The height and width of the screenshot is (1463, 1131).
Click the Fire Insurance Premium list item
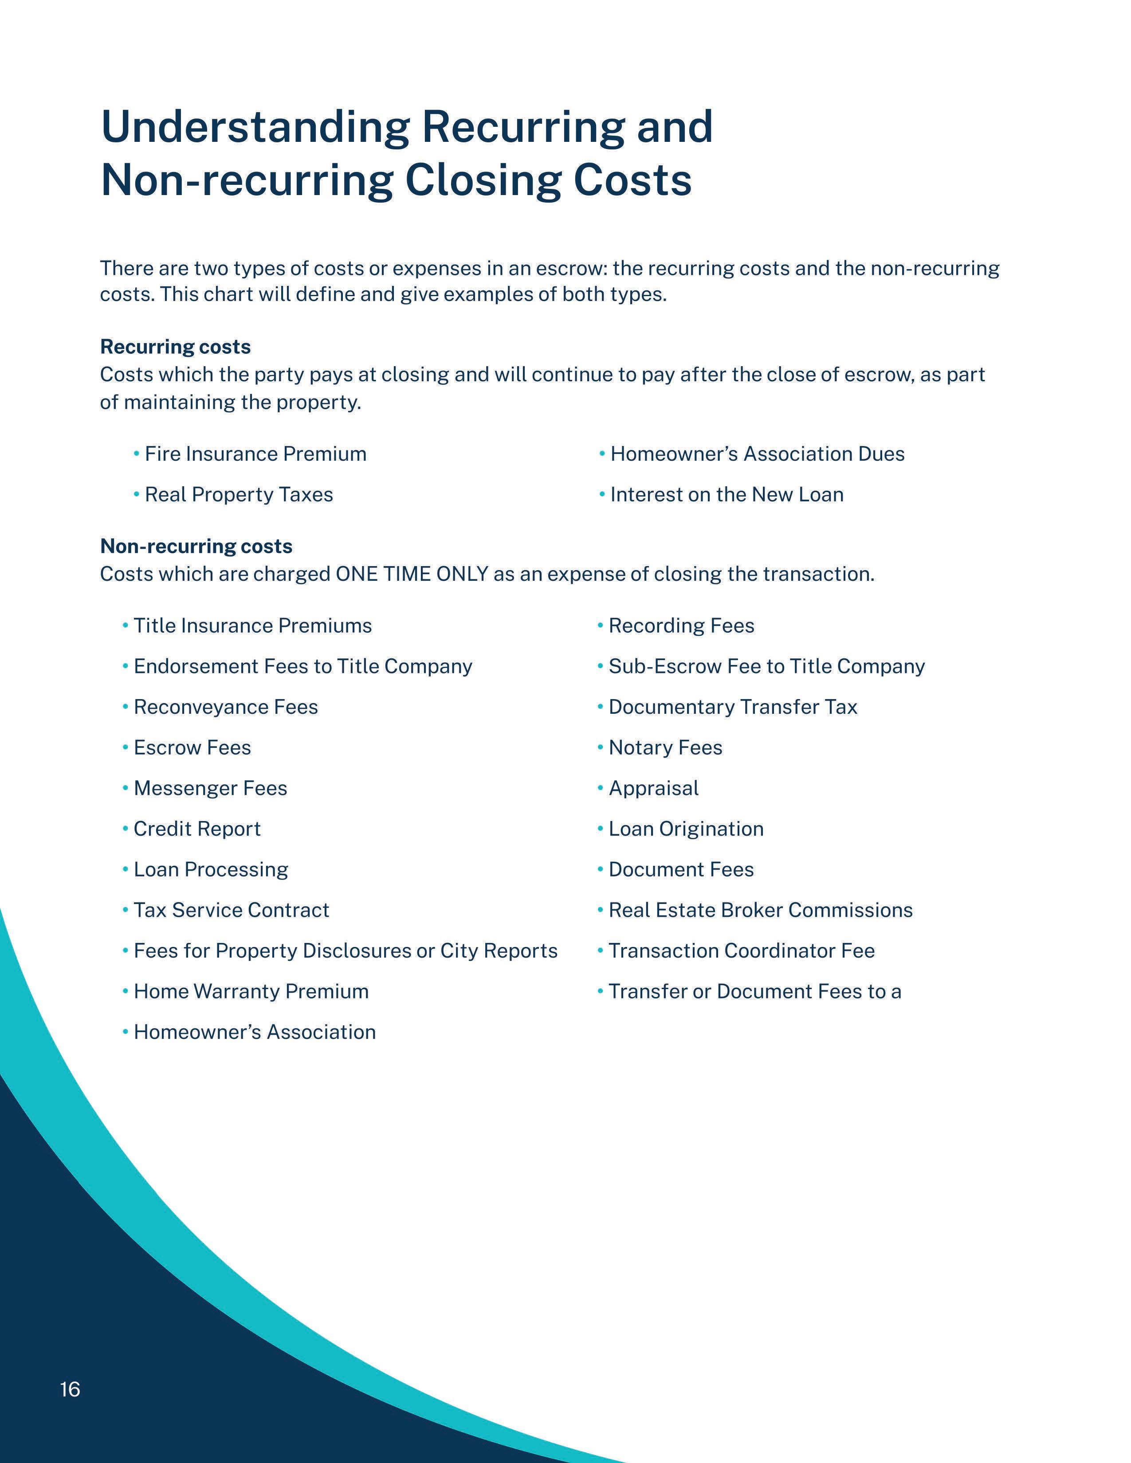(x=255, y=454)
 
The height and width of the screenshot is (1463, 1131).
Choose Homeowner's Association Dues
(x=757, y=454)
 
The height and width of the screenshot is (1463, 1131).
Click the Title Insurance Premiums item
(x=253, y=626)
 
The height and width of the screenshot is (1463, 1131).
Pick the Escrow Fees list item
(x=192, y=747)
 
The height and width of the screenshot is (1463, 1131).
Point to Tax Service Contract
(x=231, y=910)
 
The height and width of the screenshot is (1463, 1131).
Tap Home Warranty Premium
(x=251, y=991)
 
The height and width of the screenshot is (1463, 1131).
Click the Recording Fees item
(x=681, y=626)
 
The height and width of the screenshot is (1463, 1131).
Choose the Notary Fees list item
(x=665, y=747)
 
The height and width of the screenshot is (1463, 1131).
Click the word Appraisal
(x=653, y=788)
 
